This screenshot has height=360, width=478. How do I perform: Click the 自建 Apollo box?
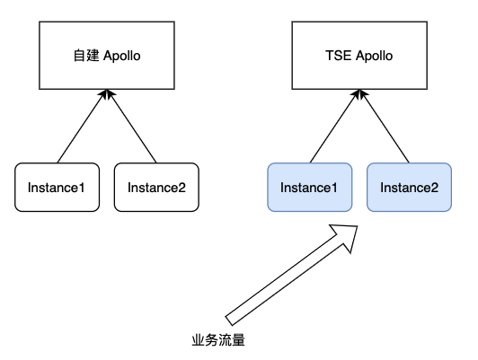pyautogui.click(x=107, y=56)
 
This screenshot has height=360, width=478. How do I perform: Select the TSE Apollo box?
pyautogui.click(x=359, y=56)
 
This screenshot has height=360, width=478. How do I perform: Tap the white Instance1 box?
pyautogui.click(x=57, y=188)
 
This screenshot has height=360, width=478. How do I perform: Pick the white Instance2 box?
pyautogui.click(x=156, y=188)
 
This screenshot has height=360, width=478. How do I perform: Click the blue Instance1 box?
pyautogui.click(x=310, y=188)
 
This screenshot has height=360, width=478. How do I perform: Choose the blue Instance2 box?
pyautogui.click(x=409, y=188)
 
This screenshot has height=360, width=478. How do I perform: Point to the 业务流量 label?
pyautogui.click(x=218, y=340)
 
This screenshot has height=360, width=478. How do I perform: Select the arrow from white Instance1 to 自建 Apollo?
pyautogui.click(x=82, y=126)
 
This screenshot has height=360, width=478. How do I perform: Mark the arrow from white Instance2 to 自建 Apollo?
pyautogui.click(x=131, y=126)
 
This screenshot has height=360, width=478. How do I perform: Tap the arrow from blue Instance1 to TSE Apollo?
pyautogui.click(x=335, y=126)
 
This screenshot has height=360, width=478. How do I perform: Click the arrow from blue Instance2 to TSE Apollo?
pyautogui.click(x=385, y=126)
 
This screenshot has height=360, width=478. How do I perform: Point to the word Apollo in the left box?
pyautogui.click(x=122, y=56)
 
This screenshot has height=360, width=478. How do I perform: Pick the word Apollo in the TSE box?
pyautogui.click(x=374, y=56)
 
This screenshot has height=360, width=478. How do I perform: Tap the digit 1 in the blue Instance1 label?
pyautogui.click(x=334, y=188)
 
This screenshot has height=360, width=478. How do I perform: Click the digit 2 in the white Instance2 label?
pyautogui.click(x=182, y=188)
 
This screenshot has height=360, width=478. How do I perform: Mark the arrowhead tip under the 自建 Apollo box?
pyautogui.click(x=107, y=90)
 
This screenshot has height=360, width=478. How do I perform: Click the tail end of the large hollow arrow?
pyautogui.click(x=228, y=320)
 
